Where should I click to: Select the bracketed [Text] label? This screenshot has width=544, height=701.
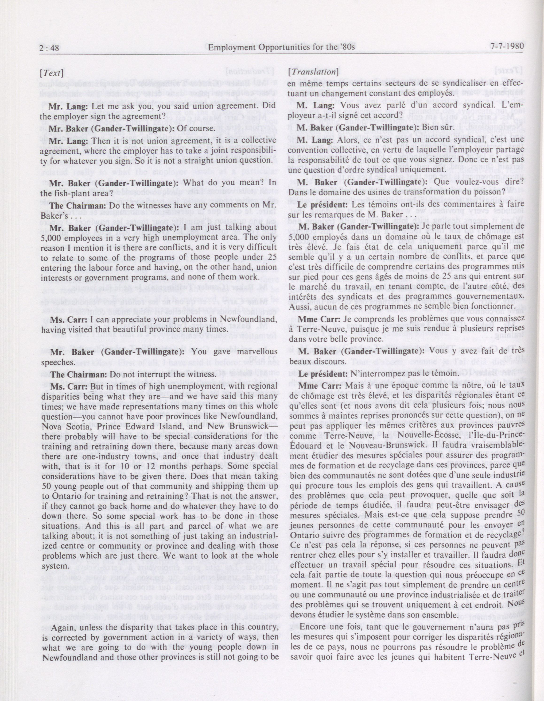51,73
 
